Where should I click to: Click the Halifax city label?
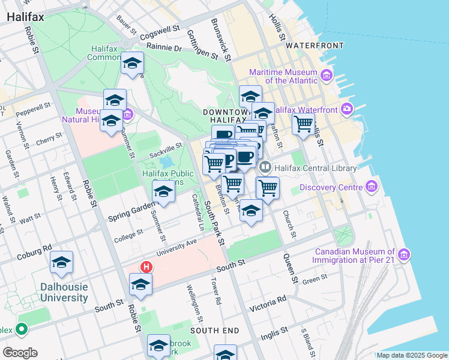pos(25,17)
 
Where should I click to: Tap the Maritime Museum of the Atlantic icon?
pos(327,76)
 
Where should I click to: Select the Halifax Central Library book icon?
pos(265,168)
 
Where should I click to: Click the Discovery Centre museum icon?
pos(370,188)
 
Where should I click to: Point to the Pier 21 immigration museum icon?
pos(404,256)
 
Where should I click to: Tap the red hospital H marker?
pos(145,266)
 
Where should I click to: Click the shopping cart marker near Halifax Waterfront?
pos(304,124)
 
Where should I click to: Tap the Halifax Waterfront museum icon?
pos(346,109)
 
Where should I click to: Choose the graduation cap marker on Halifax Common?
pos(132,63)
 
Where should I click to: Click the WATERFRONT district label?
pos(315,46)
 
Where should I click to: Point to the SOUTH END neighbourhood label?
pos(215,331)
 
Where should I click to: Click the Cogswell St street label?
pos(160,31)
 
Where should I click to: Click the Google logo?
pos(20,352)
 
